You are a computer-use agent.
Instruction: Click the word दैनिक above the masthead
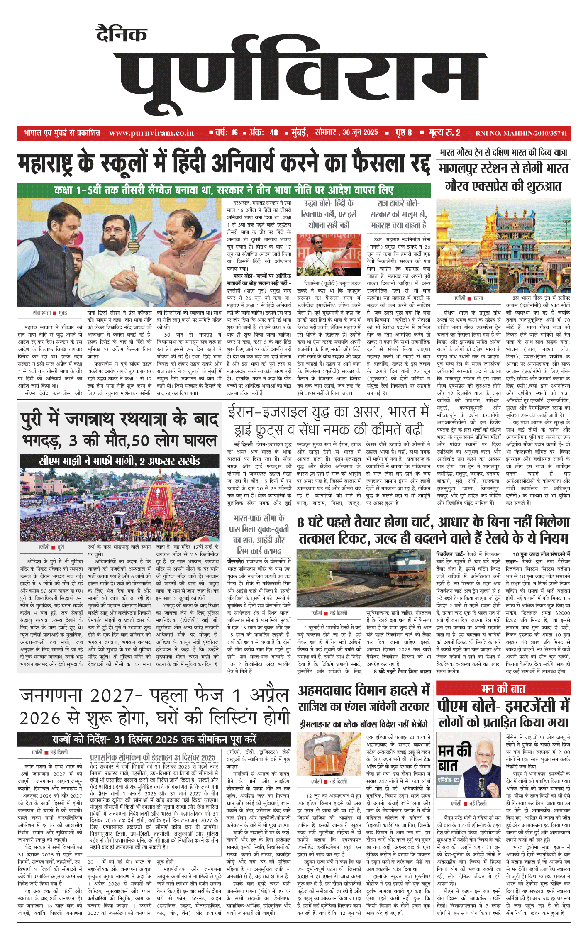(122, 34)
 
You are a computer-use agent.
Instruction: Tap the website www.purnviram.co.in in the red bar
(151, 133)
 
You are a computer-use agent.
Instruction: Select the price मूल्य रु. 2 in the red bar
(444, 133)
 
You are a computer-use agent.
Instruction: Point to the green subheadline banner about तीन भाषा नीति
(224, 190)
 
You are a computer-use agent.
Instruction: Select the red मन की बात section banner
(503, 689)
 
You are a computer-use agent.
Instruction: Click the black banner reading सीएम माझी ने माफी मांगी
(120, 461)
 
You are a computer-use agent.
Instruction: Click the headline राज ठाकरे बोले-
(398, 204)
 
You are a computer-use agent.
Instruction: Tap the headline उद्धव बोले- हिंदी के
(329, 204)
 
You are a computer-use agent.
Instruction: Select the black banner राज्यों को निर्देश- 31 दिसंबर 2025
(154, 739)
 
